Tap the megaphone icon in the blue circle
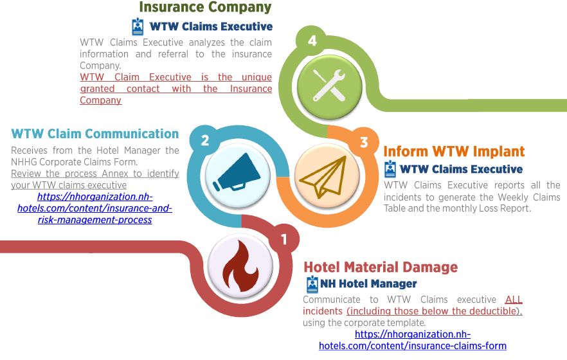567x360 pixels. (236, 172)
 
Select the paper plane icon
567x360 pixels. (323, 177)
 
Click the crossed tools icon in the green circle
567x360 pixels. (329, 85)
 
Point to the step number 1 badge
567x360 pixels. (284, 239)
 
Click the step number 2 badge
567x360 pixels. (205, 140)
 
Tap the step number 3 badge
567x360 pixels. (364, 142)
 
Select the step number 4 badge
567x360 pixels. (312, 40)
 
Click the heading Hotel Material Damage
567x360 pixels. (381, 267)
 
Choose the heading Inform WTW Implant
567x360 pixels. (454, 151)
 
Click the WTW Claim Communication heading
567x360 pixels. (94, 133)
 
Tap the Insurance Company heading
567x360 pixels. (205, 7)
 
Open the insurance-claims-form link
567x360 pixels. (413, 340)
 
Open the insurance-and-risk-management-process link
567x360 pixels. (94, 208)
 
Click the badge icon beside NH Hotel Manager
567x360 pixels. (312, 284)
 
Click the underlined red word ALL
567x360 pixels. (514, 300)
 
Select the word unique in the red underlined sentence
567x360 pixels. (256, 77)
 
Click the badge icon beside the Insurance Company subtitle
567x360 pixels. (138, 26)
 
